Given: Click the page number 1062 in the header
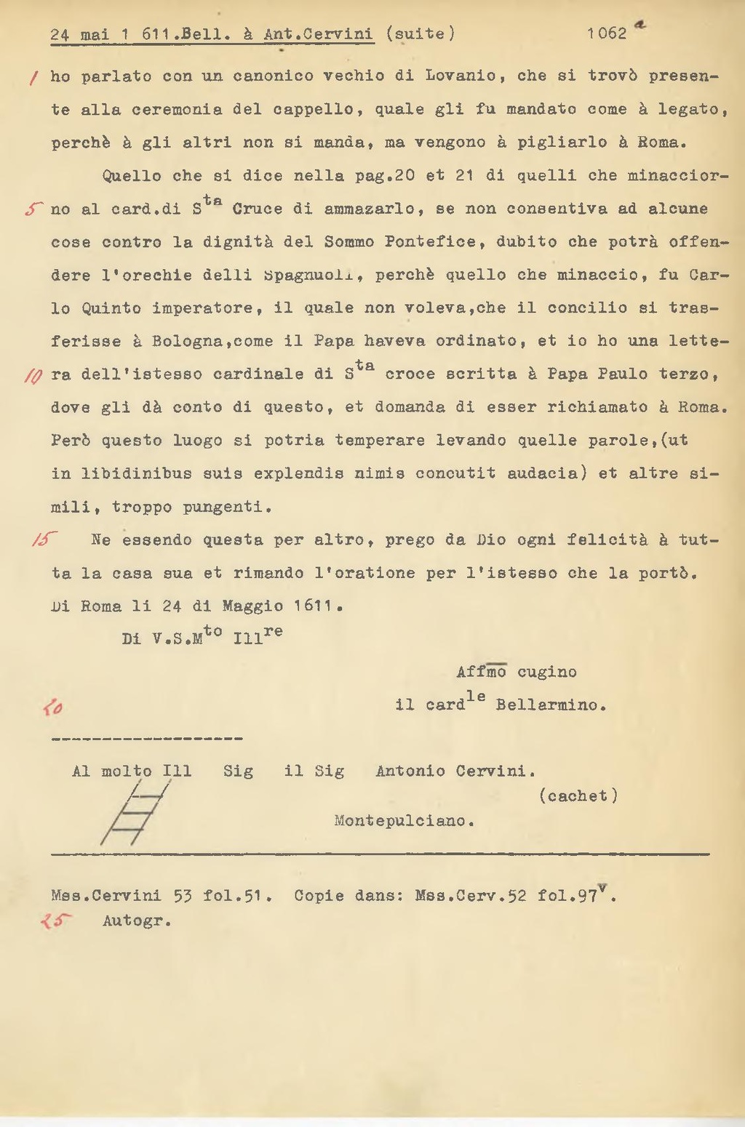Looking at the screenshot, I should click(x=607, y=33).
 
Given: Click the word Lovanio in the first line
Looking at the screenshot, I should click(x=461, y=76).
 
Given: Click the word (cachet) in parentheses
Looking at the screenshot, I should click(x=578, y=796).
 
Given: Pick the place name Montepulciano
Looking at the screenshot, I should click(x=404, y=821).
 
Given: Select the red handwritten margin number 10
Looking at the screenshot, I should click(x=33, y=375).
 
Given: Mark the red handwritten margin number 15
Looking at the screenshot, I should click(x=44, y=540).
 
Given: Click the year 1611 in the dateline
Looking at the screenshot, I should click(x=317, y=606).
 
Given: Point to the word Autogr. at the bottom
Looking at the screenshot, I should click(x=137, y=921).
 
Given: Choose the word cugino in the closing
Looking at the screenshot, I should click(x=547, y=672).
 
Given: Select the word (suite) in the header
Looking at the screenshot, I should click(x=421, y=33).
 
